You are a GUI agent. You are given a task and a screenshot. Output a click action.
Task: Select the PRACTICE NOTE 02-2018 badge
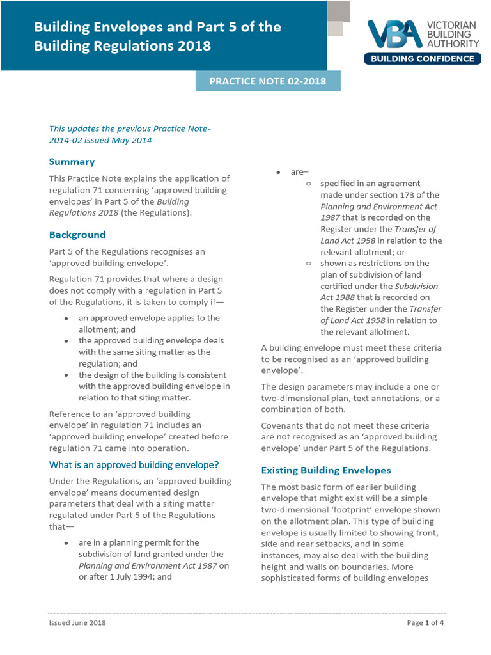268,81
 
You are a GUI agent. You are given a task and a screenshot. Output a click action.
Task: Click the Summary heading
72,162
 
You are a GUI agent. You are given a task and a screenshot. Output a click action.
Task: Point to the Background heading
77,235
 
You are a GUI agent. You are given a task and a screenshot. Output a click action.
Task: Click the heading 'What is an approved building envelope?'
134,464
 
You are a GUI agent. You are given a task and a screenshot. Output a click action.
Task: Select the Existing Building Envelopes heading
326,470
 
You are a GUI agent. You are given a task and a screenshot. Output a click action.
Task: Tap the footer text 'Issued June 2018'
77,623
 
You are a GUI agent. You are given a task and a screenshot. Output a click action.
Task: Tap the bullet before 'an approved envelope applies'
66,319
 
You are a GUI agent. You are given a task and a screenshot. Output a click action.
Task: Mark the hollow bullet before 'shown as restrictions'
309,264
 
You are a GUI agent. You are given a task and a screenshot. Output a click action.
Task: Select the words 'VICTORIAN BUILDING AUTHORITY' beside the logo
452,35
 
